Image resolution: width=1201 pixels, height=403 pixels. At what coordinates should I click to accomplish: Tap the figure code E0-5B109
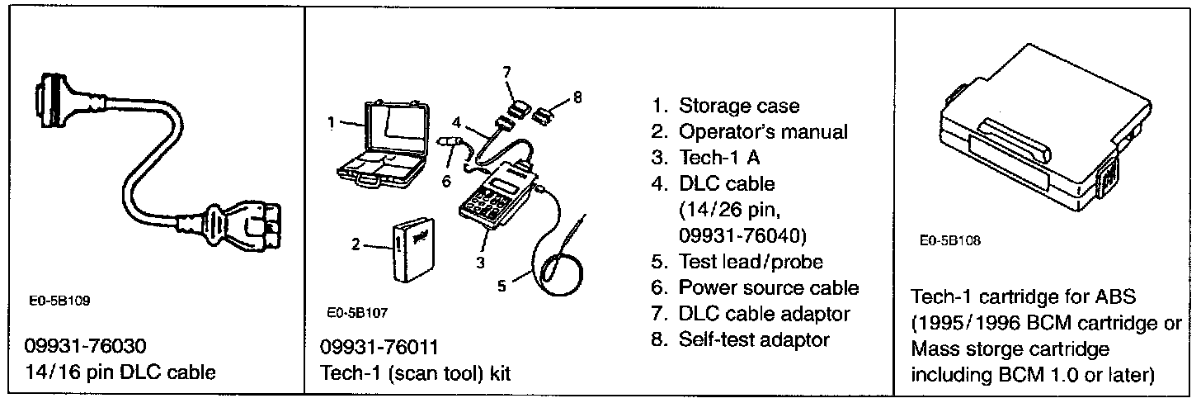click(63, 301)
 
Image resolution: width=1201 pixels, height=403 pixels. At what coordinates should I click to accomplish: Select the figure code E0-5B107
click(357, 314)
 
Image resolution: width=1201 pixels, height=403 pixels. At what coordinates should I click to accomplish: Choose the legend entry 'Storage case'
click(738, 106)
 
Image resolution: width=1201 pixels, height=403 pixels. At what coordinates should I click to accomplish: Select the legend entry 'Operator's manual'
click(763, 131)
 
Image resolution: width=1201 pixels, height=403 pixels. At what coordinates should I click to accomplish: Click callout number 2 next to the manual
click(356, 244)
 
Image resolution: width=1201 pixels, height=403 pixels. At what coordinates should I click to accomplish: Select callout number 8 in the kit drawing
click(577, 97)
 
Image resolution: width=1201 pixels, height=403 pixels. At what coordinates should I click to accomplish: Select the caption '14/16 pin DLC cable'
click(124, 372)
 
